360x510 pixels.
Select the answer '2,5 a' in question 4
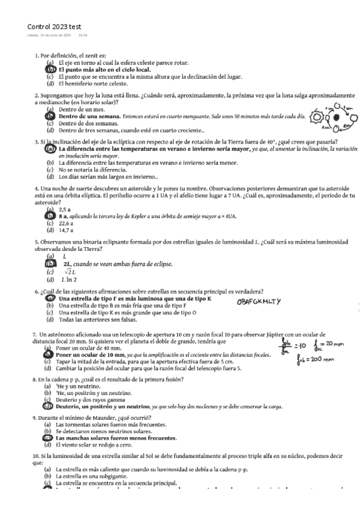pos(65,209)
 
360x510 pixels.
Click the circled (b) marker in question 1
pos(50,69)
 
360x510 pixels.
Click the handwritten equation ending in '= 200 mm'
pos(316,361)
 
